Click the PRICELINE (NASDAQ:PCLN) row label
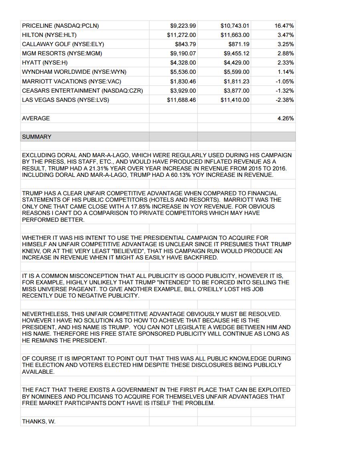click(60, 26)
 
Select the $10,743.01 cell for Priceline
click(235, 26)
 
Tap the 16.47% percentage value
click(284, 26)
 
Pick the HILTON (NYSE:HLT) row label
click(49, 35)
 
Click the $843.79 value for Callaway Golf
click(185, 44)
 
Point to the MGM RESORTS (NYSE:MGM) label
click(62, 53)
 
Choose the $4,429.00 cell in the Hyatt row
click(236, 63)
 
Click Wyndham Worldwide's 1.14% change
click(285, 72)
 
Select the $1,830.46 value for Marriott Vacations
click(183, 81)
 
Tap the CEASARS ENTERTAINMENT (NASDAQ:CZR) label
click(82, 91)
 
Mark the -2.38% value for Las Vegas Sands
click(285, 100)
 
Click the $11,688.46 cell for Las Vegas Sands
click(181, 100)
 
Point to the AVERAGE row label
click(36, 118)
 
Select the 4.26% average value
click(285, 118)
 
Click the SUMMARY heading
click(36, 137)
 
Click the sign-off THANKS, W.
click(38, 421)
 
